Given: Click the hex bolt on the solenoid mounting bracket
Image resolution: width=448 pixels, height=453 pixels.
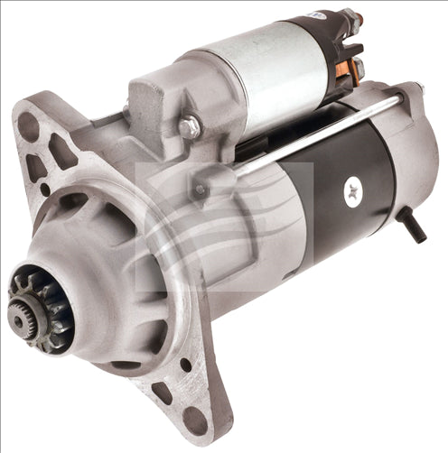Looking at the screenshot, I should (x=189, y=127).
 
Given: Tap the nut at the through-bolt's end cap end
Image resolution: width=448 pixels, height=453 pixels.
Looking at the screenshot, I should (x=416, y=89).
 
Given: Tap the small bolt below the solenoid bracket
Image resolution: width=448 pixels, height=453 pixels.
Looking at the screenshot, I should (x=198, y=190).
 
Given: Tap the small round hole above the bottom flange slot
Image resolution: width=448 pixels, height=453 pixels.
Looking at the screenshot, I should (x=185, y=365).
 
